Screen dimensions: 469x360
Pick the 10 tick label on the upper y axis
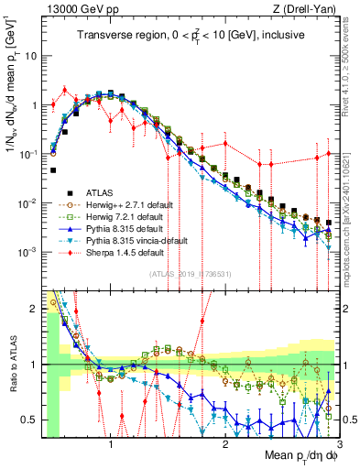(x=29, y=56)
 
